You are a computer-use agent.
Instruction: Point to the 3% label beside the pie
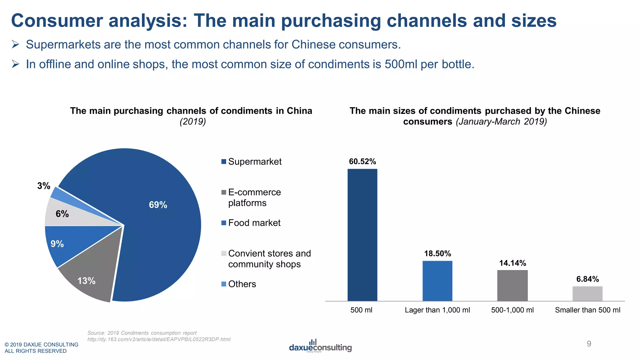point(43,186)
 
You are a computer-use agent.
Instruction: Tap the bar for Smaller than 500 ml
point(587,293)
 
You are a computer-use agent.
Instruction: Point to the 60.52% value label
point(362,162)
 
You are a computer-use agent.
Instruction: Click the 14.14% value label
point(512,263)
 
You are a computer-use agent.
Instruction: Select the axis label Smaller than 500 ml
point(587,310)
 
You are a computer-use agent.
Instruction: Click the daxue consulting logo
point(320,346)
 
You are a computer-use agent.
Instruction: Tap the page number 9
point(589,344)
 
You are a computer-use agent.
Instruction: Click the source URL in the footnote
point(159,339)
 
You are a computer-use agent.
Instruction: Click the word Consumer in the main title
point(57,21)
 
